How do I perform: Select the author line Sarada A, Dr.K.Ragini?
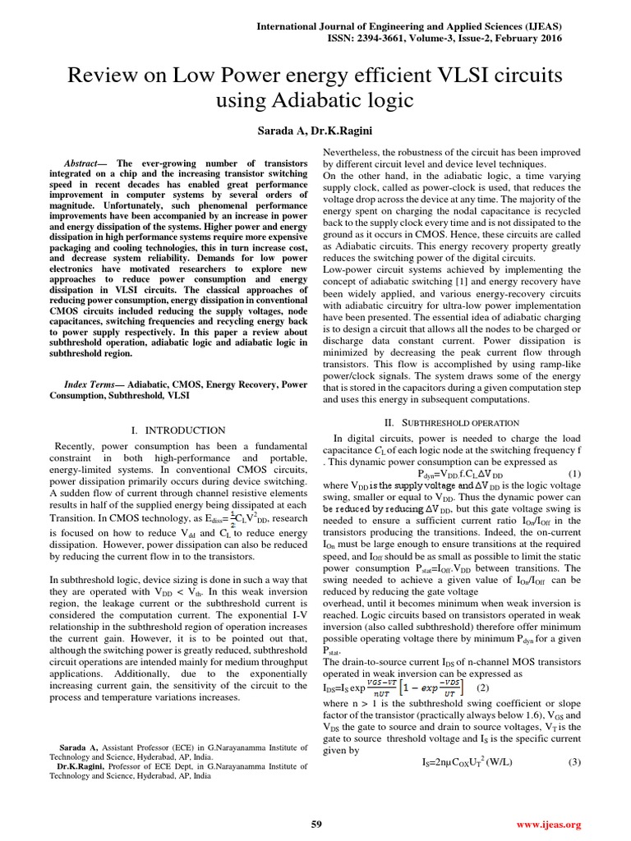coord(315,131)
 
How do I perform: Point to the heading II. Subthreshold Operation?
coord(452,422)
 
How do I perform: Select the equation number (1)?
coord(573,474)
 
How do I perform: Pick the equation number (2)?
coord(483,687)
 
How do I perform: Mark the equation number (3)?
coord(573,762)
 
